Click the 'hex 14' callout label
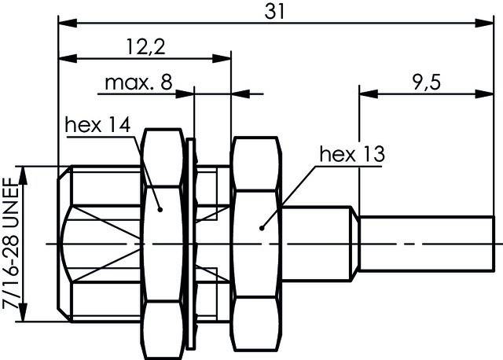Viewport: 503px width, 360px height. tap(97, 125)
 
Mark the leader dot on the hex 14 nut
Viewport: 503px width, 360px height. tap(160, 209)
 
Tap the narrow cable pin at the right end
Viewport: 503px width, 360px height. tap(428, 244)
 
